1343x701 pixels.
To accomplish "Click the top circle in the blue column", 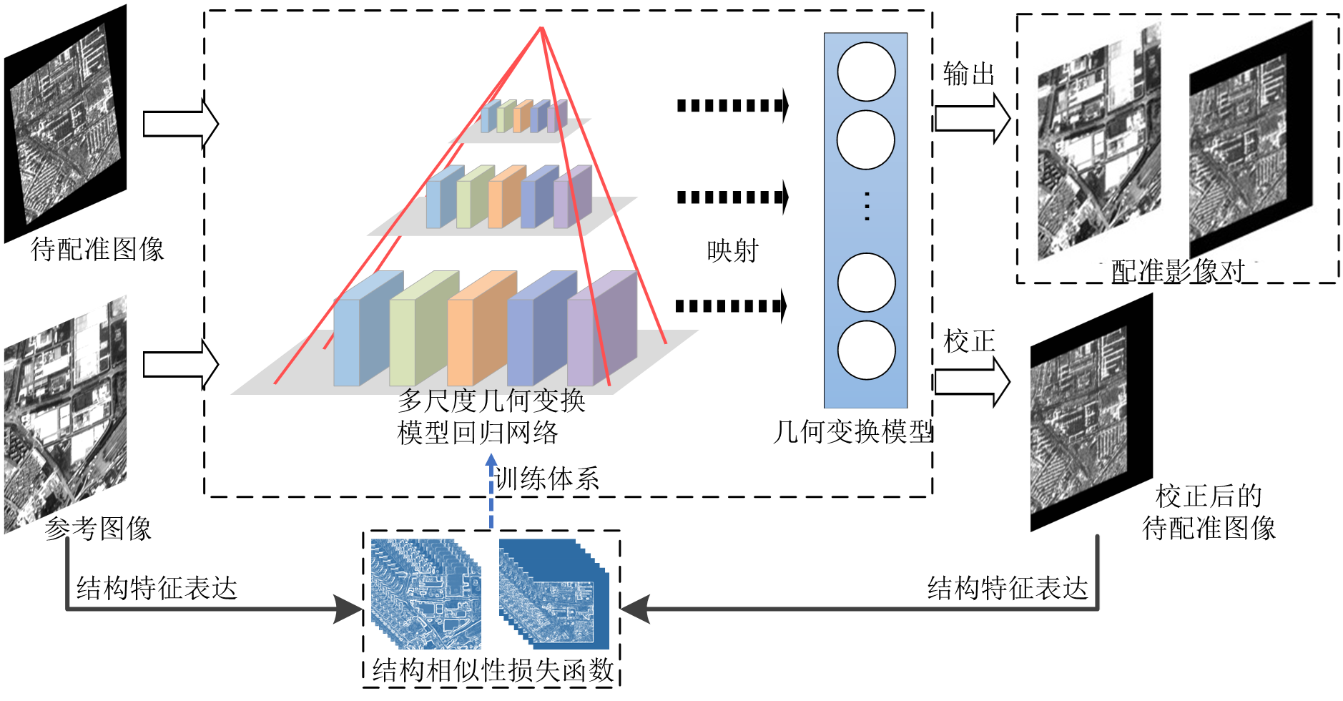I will pyautogui.click(x=866, y=72).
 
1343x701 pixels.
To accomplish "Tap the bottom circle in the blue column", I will pyautogui.click(x=866, y=350).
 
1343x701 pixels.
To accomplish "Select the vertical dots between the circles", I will pyautogui.click(x=867, y=206).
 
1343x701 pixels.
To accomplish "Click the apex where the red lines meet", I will pyautogui.click(x=542, y=29).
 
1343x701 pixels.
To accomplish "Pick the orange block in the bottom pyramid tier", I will pyautogui.click(x=481, y=333).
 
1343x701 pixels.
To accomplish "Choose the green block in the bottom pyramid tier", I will pyautogui.click(x=422, y=333).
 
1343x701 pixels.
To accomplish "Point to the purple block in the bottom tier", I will pyautogui.click(x=601, y=333).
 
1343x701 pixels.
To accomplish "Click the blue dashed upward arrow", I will pyautogui.click(x=491, y=491).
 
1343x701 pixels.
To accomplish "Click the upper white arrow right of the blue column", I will pyautogui.click(x=972, y=119).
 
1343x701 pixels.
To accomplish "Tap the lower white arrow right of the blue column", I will pyautogui.click(x=972, y=382).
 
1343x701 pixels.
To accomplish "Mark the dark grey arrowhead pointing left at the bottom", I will pyautogui.click(x=635, y=609).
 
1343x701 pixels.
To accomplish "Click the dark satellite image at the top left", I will pyautogui.click(x=66, y=124).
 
